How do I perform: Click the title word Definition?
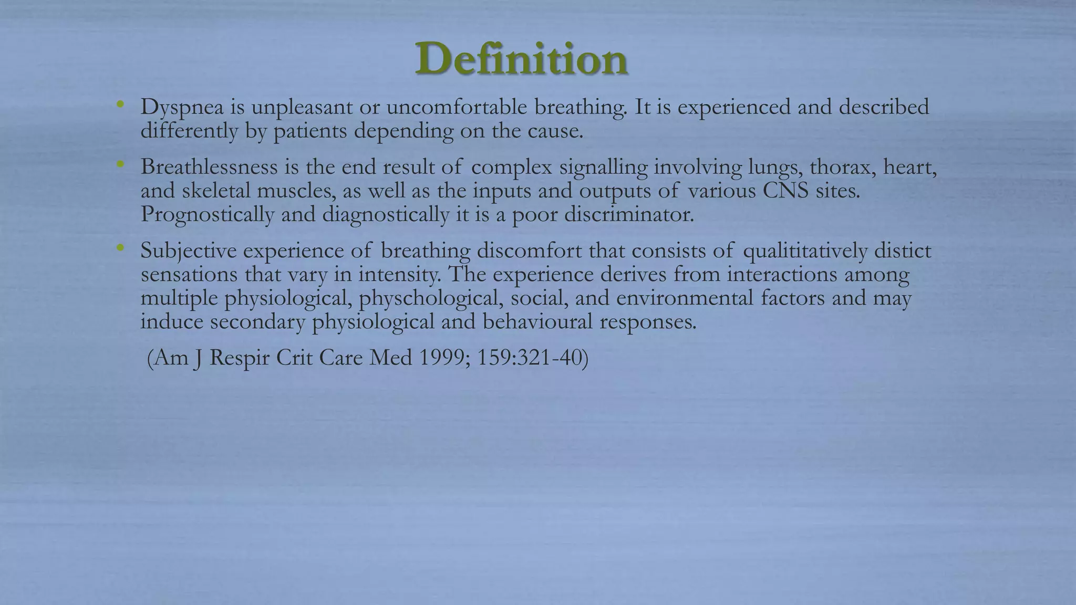point(521,59)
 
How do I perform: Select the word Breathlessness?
point(209,167)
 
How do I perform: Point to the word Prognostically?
point(207,215)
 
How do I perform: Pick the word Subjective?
point(188,251)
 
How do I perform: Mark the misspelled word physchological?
point(428,298)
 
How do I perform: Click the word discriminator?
point(629,214)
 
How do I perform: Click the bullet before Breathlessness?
point(121,164)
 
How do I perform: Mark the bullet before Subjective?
point(121,248)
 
